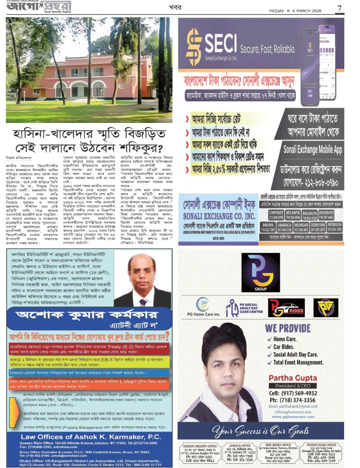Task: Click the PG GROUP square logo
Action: (261, 274)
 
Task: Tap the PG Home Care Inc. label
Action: (204, 314)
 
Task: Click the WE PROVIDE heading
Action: (288, 327)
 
